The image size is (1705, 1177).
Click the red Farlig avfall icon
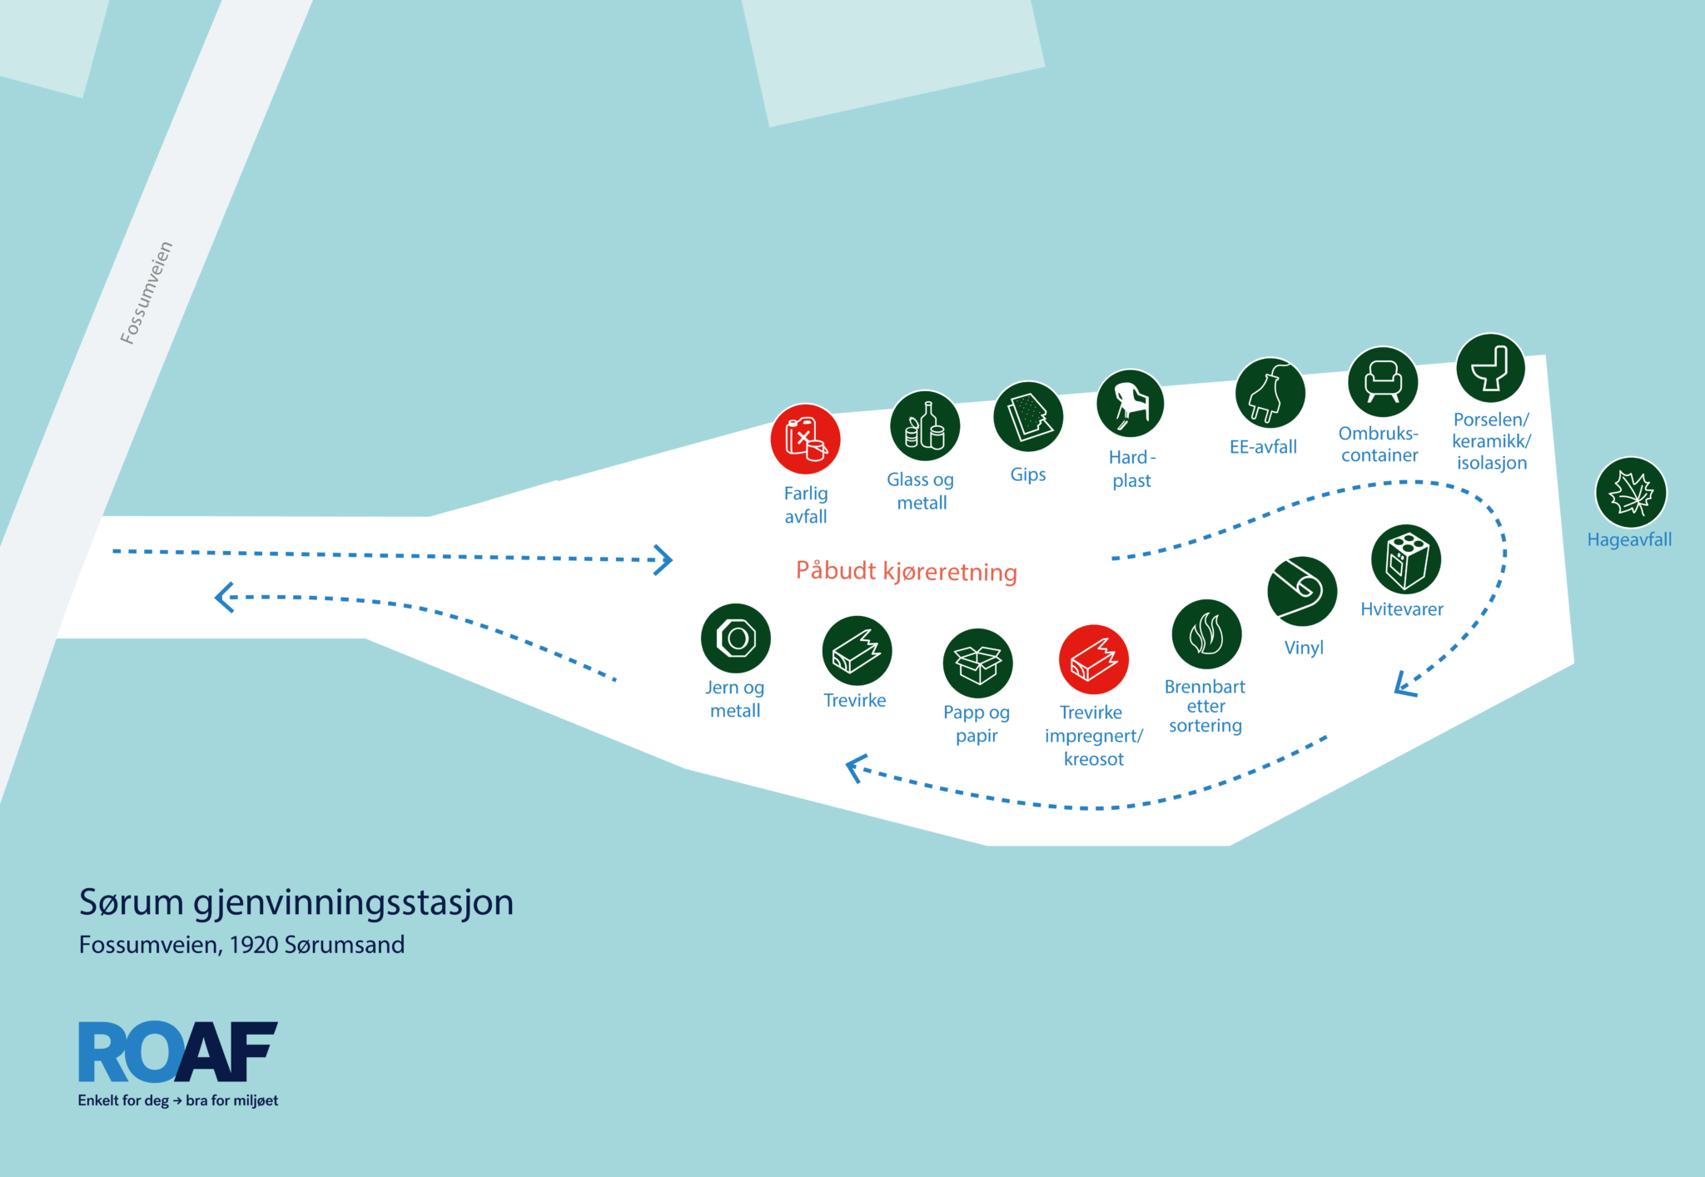pyautogui.click(x=805, y=439)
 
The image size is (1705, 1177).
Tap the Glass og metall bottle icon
pyautogui.click(x=925, y=425)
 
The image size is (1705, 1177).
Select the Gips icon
pyautogui.click(x=1028, y=416)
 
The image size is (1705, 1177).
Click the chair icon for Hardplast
pyautogui.click(x=1131, y=404)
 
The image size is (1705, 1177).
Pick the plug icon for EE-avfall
pyautogui.click(x=1270, y=393)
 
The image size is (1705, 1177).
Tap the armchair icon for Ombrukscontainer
pyautogui.click(x=1383, y=382)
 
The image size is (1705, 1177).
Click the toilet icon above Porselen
pyautogui.click(x=1490, y=368)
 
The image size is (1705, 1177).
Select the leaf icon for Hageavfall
pyautogui.click(x=1631, y=492)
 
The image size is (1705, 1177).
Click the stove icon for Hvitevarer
pyautogui.click(x=1406, y=559)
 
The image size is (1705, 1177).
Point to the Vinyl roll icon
pyautogui.click(x=1302, y=591)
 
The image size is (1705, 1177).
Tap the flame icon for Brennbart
pyautogui.click(x=1206, y=634)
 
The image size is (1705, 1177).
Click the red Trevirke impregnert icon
pyautogui.click(x=1094, y=659)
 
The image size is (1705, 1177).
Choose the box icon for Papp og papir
pyautogui.click(x=978, y=663)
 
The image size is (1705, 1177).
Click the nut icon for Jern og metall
pyautogui.click(x=736, y=638)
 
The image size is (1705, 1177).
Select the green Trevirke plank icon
pyautogui.click(x=857, y=651)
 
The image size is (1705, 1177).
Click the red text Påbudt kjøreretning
pyautogui.click(x=907, y=571)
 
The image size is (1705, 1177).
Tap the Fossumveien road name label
pyautogui.click(x=147, y=292)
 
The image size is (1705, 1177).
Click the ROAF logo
pyautogui.click(x=178, y=1064)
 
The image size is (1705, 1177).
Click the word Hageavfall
pyautogui.click(x=1629, y=539)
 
